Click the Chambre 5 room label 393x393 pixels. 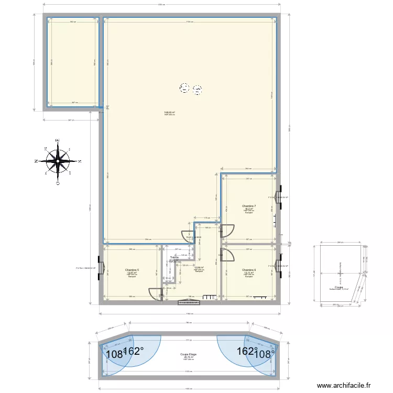132,270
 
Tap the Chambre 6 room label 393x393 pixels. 249,270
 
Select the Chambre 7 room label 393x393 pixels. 248,206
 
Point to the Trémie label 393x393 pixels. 174,257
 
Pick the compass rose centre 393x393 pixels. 57,160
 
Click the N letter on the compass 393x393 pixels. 35,161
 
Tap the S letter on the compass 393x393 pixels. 79,161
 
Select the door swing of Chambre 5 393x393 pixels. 155,294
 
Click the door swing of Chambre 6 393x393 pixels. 228,255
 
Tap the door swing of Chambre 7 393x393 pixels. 227,230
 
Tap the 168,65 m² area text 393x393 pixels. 169,112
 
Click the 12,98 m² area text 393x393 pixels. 199,267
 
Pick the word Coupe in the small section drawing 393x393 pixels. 339,287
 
